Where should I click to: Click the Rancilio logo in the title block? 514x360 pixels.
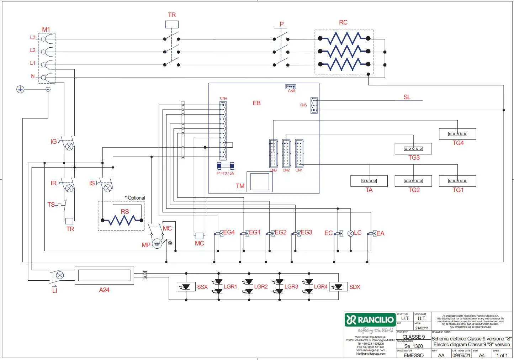click(x=370, y=320)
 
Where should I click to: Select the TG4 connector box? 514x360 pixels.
click(x=457, y=134)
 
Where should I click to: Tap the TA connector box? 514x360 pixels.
click(x=369, y=181)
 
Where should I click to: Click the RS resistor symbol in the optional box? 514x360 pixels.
click(x=122, y=221)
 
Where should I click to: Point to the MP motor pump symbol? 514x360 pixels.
click(x=157, y=244)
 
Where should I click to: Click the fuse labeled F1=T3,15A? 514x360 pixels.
click(x=226, y=166)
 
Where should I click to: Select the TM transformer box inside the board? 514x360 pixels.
click(x=260, y=182)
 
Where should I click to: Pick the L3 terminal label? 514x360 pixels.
click(x=33, y=37)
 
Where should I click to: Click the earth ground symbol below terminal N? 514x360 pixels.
click(x=20, y=89)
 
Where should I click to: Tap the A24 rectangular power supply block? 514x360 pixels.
click(x=104, y=275)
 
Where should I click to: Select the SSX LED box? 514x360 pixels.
click(x=186, y=287)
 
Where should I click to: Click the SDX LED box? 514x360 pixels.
click(x=338, y=287)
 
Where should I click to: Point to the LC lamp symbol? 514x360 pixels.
click(x=350, y=233)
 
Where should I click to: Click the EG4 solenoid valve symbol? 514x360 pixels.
click(x=221, y=233)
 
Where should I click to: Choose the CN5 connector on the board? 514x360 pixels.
click(x=314, y=105)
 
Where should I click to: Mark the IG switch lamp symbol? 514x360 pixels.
click(x=69, y=146)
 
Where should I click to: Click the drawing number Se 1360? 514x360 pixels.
click(x=413, y=346)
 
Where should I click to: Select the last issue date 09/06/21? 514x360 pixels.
click(x=461, y=355)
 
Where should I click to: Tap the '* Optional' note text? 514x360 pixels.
click(x=135, y=198)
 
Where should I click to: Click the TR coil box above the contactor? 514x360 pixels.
click(x=172, y=25)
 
